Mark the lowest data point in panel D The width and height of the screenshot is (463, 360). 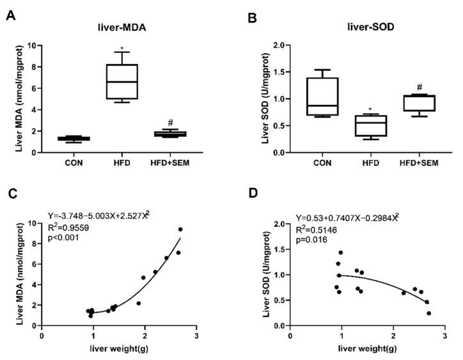click(428, 313)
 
